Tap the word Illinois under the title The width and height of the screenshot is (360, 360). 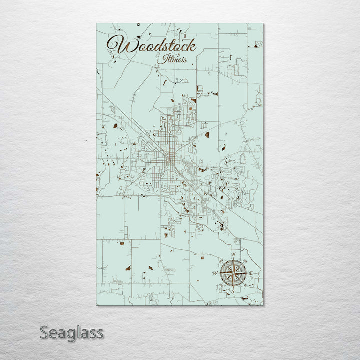click(174, 59)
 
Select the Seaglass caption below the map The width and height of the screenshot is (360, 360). click(71, 332)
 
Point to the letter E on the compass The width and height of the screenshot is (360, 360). click(251, 273)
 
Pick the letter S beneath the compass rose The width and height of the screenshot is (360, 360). click(232, 291)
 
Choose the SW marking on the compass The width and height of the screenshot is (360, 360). click(221, 285)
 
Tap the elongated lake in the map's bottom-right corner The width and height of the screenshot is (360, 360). click(246, 298)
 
